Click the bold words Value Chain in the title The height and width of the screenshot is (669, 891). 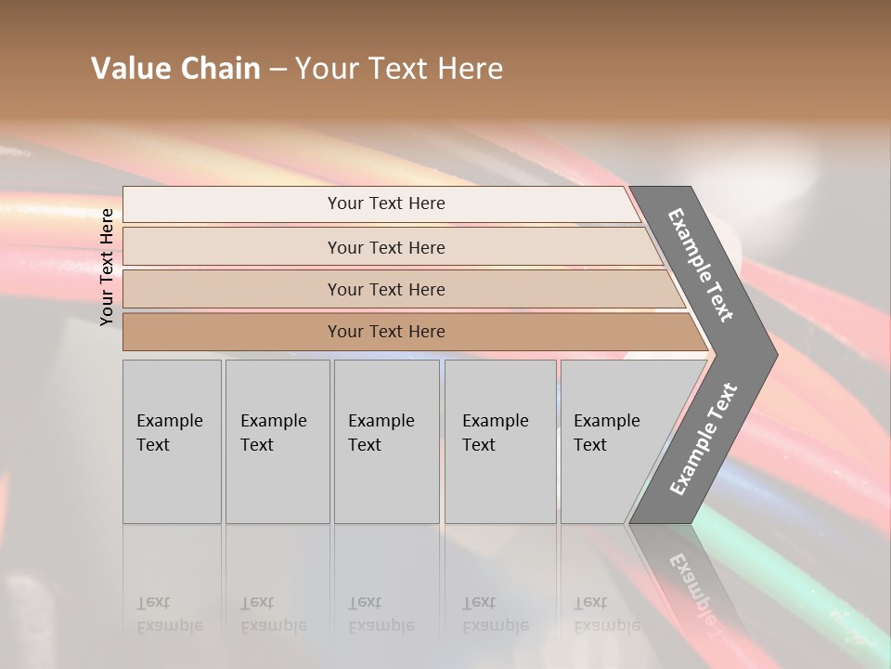175,69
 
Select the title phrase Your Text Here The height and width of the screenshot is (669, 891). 399,69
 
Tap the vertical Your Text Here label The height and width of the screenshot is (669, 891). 107,267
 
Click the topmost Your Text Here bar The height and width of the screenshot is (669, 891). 385,203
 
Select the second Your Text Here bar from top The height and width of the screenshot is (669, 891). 385,247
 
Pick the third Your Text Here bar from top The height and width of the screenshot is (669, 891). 385,289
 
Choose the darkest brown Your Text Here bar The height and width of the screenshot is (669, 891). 385,332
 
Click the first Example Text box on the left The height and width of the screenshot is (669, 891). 172,441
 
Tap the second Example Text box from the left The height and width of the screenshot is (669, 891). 278,441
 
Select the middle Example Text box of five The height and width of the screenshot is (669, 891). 386,441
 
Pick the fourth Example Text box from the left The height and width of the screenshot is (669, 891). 500,441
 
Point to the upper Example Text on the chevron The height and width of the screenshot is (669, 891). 701,265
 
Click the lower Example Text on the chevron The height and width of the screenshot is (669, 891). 704,439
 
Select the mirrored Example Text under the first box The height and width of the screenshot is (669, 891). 169,614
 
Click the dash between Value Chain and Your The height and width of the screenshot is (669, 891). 278,70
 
